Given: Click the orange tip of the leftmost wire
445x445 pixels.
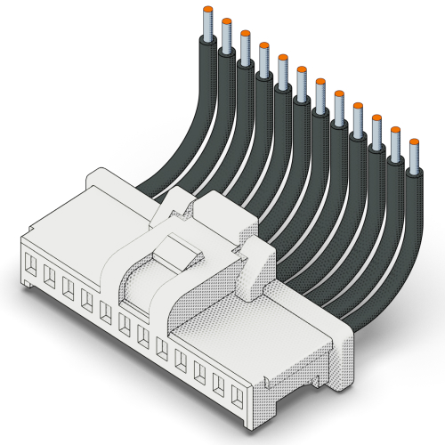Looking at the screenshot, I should coord(207,10).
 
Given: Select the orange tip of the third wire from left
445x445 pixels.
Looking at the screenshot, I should coord(245,34).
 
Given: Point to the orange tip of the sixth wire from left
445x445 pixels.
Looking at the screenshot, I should coord(302,69).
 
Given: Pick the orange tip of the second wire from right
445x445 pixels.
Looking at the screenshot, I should coord(395,129).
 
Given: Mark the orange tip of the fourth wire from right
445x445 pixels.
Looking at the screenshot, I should coord(358,105).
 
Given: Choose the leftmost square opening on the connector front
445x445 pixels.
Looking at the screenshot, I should coord(32,264).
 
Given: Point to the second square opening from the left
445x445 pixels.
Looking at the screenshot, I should coord(50,276).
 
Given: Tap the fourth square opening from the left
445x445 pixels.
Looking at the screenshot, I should coord(87,300).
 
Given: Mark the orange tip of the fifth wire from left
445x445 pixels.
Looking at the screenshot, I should coord(283,58).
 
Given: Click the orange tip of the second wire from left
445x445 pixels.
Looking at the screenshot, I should coord(226,21).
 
